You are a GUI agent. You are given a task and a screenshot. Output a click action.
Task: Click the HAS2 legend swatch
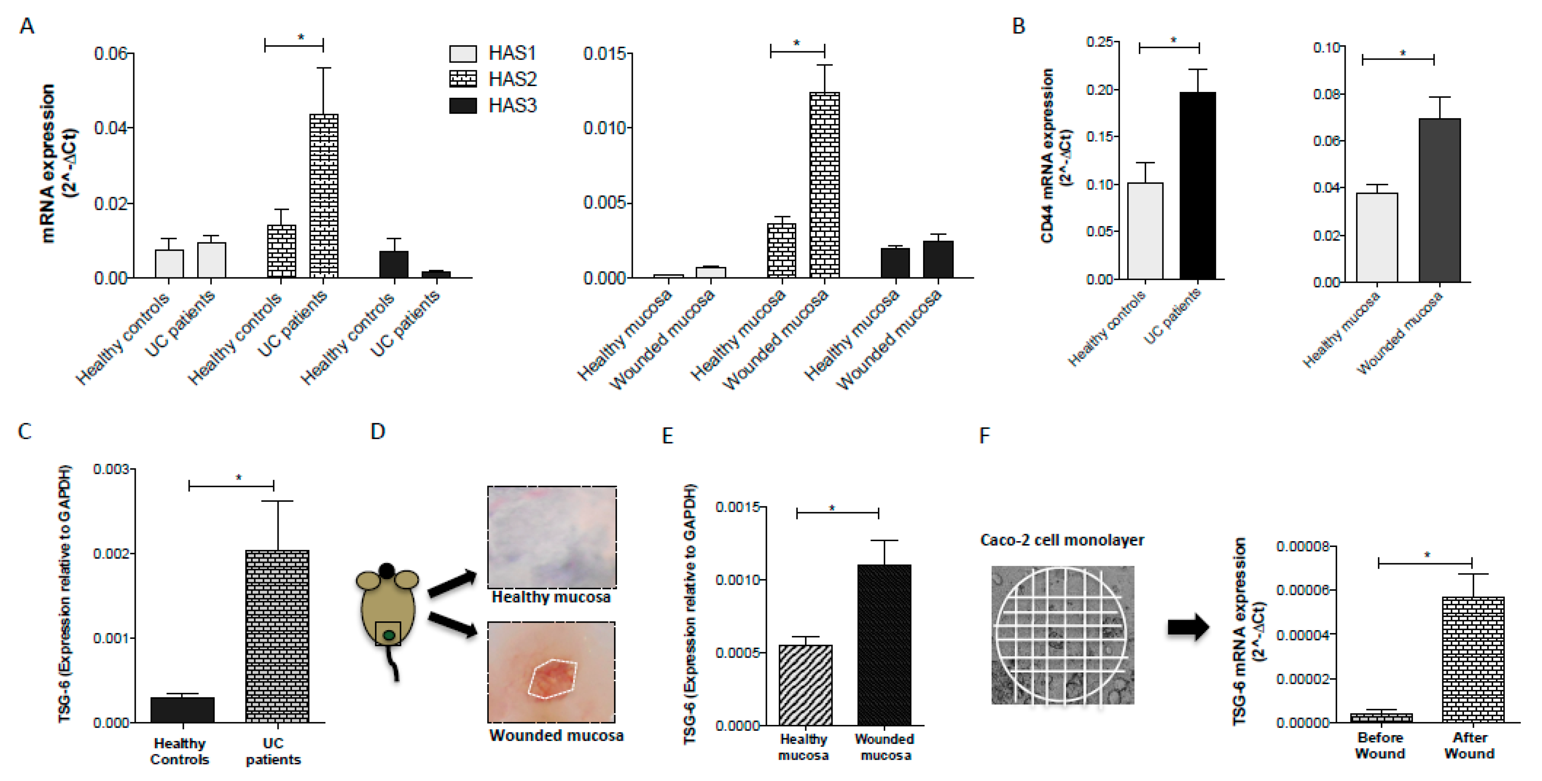click(463, 79)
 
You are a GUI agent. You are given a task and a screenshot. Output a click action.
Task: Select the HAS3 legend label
click(512, 105)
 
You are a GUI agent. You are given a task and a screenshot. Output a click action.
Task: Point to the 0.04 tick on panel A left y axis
click(112, 128)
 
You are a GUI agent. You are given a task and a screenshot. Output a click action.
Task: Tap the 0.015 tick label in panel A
click(605, 54)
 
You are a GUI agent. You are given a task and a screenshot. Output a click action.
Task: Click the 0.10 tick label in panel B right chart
click(1326, 47)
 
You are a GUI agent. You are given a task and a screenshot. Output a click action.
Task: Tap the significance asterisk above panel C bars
click(239, 477)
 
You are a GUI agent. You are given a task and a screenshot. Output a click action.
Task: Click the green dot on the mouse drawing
click(389, 635)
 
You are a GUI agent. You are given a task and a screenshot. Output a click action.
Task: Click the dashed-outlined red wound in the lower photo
click(552, 679)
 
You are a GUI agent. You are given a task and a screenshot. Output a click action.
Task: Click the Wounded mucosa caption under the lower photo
click(556, 735)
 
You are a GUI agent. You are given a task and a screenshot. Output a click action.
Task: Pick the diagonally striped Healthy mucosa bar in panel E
click(805, 685)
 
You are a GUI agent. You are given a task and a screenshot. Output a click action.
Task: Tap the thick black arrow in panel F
click(1188, 627)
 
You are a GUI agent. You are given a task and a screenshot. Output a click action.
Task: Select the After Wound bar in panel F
click(1473, 659)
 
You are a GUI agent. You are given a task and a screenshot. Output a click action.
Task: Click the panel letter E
click(667, 435)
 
